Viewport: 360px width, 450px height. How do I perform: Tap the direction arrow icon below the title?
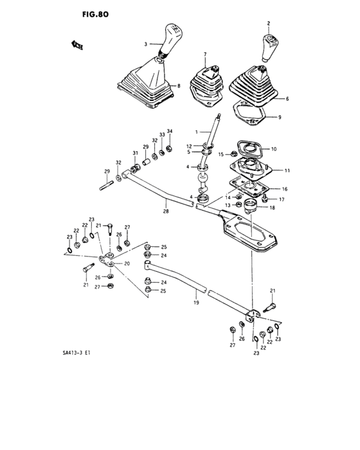[x=76, y=44]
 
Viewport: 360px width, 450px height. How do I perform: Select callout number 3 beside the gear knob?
[x=146, y=44]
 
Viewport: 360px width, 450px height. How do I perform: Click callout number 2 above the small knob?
[x=268, y=23]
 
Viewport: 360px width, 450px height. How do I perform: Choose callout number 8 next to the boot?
[x=178, y=85]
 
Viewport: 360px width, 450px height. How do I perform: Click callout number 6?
[x=287, y=98]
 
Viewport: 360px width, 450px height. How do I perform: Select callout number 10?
[x=273, y=149]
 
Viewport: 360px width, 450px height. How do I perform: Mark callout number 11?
[x=287, y=170]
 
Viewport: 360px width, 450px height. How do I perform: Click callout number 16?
[x=285, y=190]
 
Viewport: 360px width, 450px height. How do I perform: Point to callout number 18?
[x=272, y=208]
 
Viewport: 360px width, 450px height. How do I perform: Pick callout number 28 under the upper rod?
[x=165, y=210]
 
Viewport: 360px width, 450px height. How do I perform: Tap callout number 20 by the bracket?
[x=127, y=264]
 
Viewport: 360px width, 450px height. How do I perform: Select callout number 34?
[x=170, y=132]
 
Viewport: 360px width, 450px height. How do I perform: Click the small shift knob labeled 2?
[x=268, y=46]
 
